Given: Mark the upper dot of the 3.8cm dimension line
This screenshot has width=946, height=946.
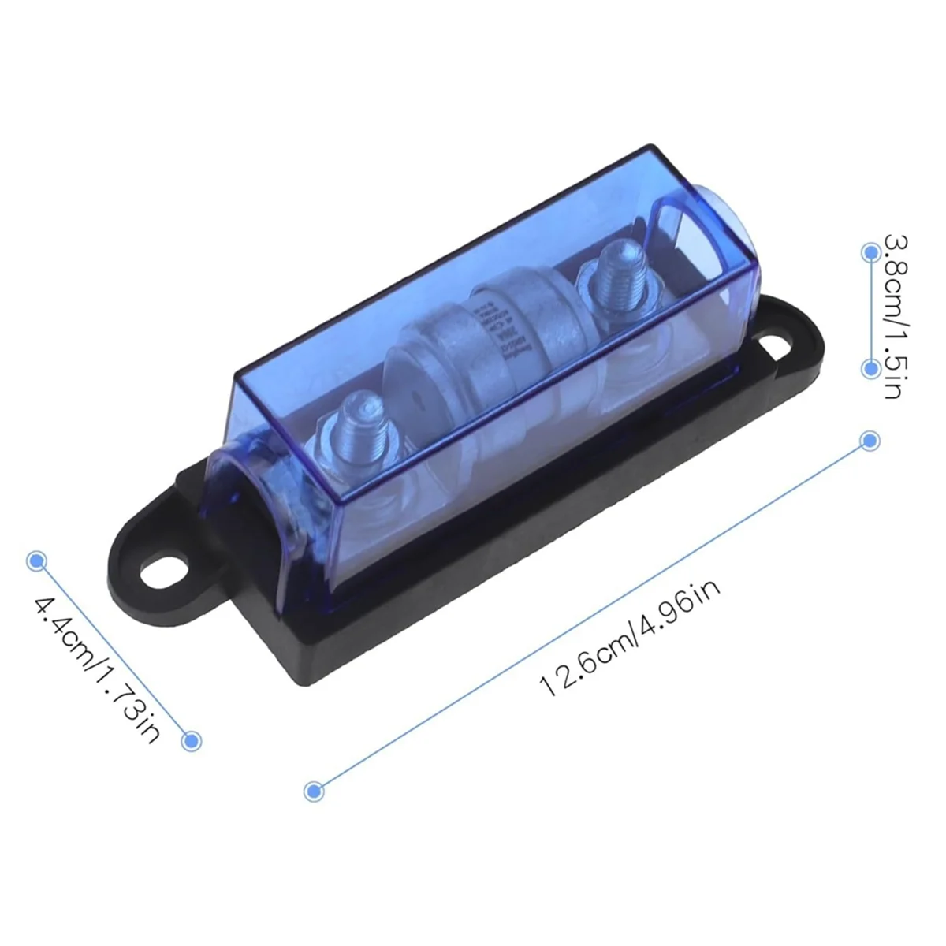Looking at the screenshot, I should click(x=870, y=252).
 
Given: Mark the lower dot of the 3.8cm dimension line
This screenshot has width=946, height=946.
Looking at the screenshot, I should click(x=870, y=368).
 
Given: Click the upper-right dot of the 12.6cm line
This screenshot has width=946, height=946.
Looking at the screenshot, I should click(x=870, y=441).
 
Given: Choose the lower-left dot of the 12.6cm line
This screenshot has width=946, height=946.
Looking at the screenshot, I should click(x=314, y=791).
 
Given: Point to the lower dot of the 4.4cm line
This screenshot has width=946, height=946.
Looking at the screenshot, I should click(x=192, y=740).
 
